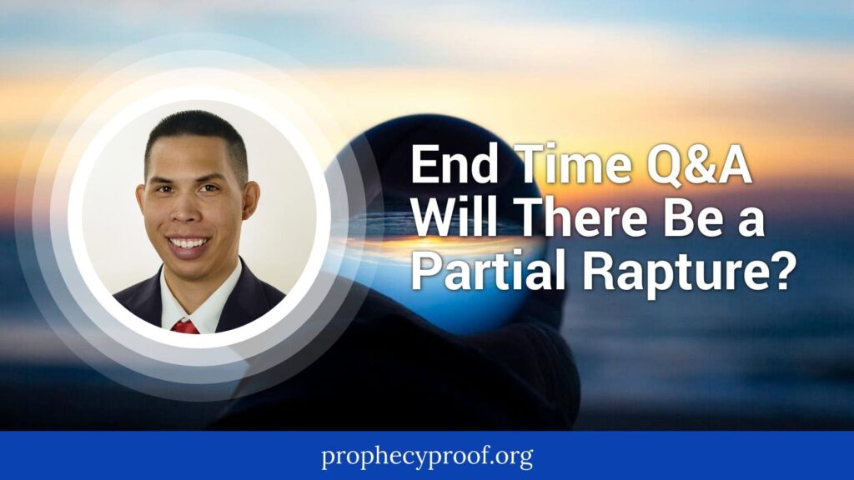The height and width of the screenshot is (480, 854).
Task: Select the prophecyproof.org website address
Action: [x=427, y=456]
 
